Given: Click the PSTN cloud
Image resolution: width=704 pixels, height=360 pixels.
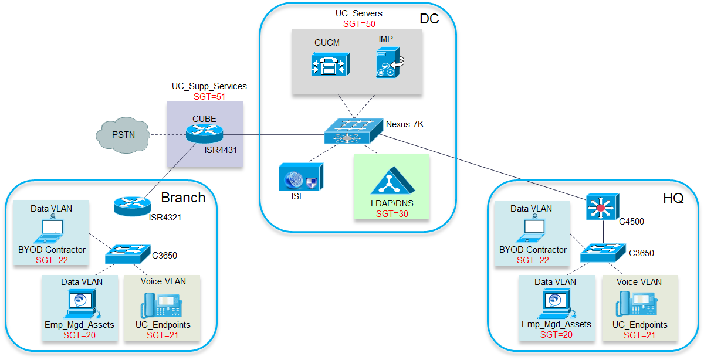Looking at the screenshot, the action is coord(123,135).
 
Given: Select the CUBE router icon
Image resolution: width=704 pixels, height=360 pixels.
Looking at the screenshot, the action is coord(204,134).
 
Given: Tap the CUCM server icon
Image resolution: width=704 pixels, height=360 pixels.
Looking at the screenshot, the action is coord(330,64).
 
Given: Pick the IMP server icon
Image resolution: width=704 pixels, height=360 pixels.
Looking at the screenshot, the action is coord(390,63).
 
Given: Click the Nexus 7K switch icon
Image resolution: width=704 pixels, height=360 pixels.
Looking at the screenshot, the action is coord(354,131).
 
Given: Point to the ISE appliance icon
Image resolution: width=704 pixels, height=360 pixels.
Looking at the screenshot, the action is coord(301,176).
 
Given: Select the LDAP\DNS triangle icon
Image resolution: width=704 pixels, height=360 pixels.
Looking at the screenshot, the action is coord(392,181).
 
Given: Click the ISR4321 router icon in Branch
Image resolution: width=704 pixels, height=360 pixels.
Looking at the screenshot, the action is coord(133,206).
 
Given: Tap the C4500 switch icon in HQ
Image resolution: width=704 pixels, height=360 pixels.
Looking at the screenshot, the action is coord(603,206).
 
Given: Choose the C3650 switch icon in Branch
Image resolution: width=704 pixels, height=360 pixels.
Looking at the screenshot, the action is coord(128,254).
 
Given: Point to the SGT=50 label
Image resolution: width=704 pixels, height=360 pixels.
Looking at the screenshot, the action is coord(359,24).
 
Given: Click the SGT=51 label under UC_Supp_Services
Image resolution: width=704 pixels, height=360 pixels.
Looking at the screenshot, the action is coord(209,96).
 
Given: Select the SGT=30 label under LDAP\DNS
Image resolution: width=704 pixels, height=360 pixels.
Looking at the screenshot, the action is coord(392,214).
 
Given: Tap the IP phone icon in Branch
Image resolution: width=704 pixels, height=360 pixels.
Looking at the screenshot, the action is coord(161,305).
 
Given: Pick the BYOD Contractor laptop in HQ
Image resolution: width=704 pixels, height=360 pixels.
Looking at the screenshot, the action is coord(534,229).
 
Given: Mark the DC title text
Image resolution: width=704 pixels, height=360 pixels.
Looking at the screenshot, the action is coord(429,19).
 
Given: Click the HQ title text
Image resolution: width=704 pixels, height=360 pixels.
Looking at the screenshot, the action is coord(673,198).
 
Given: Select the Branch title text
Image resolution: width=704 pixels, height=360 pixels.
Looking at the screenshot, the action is coord(183,198).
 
